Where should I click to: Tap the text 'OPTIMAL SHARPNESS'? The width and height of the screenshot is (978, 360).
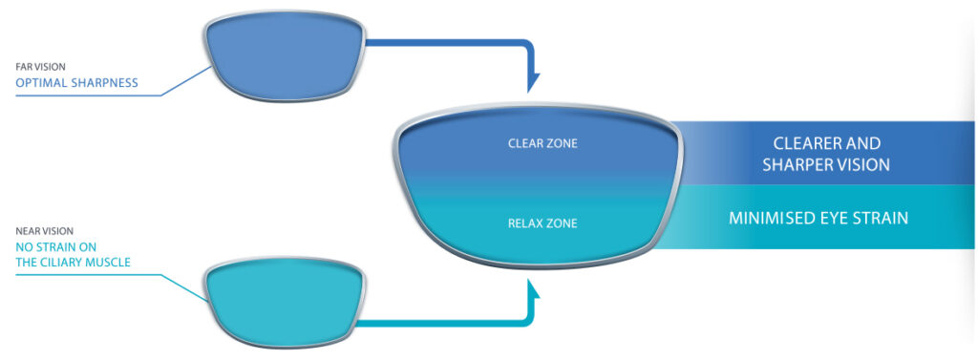76,83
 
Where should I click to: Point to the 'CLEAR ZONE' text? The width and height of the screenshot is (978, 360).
542,144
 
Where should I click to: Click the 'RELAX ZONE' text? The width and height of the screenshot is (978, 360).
542,224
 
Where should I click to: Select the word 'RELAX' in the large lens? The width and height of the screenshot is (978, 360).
525,224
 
